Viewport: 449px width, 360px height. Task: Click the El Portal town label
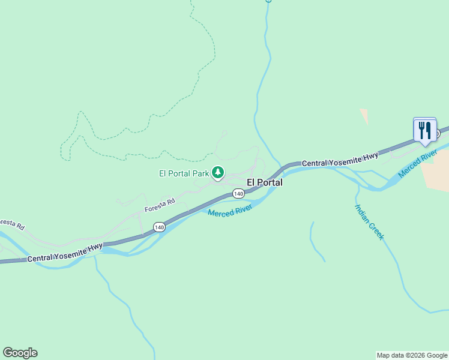[x=265, y=182]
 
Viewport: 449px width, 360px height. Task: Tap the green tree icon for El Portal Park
[x=218, y=173]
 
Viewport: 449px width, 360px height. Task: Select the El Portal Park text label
[x=184, y=174]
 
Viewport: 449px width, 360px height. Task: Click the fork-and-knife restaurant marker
[x=425, y=130]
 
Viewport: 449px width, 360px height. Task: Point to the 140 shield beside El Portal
[x=238, y=194]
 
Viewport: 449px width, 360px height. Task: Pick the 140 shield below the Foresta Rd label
[x=158, y=227]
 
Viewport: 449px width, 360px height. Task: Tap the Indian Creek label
[x=369, y=223]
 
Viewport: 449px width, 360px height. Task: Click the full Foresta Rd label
[x=159, y=206]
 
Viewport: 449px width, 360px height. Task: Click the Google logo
[x=20, y=353]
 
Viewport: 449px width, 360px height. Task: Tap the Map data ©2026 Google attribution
[x=412, y=355]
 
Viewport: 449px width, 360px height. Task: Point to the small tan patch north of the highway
[x=364, y=116]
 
